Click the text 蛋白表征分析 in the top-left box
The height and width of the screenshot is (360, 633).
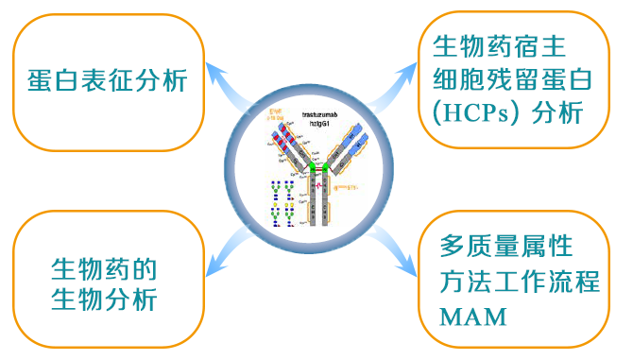point(108,82)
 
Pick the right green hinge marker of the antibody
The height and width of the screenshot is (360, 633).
point(326,168)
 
